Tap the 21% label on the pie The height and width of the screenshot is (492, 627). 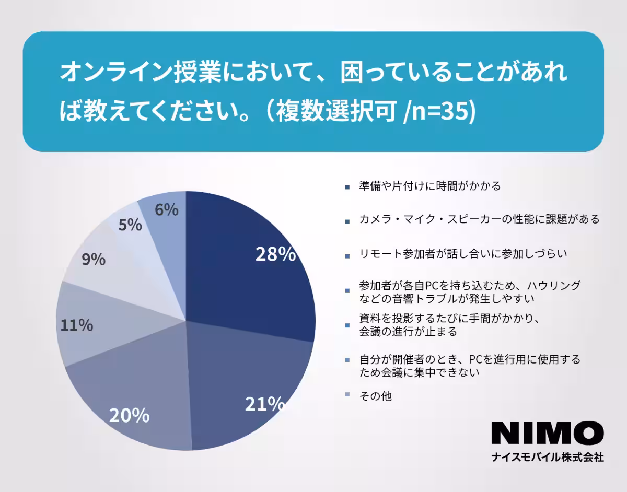[265, 404]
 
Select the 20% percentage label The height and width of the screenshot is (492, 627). [129, 416]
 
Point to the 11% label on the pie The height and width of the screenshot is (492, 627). [76, 325]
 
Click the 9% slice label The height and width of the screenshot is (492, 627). [94, 259]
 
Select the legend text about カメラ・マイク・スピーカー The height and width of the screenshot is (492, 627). [479, 219]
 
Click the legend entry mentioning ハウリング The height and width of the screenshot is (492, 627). [469, 292]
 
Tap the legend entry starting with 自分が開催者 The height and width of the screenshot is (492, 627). [469, 366]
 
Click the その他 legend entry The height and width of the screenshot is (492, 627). [375, 396]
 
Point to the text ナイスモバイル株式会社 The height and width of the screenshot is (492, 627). [548, 458]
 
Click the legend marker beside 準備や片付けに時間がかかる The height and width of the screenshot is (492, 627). [347, 186]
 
